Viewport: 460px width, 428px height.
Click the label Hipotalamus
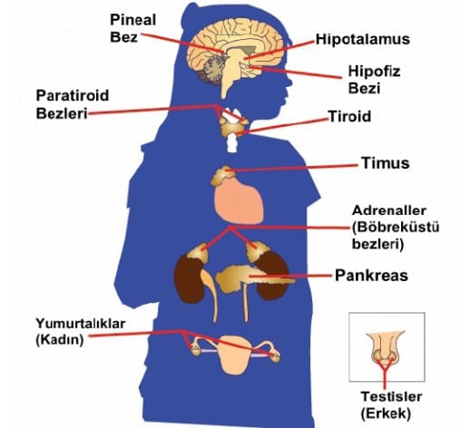(363, 39)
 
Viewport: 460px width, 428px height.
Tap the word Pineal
(133, 20)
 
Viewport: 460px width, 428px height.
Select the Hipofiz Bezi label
(374, 80)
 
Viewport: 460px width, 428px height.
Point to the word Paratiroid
(73, 95)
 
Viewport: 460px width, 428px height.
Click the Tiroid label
(349, 116)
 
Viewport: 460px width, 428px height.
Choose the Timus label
(386, 162)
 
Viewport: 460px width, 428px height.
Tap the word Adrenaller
(389, 210)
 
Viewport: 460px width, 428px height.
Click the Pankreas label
(371, 276)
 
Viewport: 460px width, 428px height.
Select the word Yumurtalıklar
(81, 324)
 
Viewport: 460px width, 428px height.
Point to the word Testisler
(391, 396)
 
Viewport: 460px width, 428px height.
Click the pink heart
(239, 200)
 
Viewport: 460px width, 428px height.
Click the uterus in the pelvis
(235, 354)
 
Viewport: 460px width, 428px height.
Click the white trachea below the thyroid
(232, 142)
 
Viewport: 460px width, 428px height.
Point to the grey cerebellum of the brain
(211, 69)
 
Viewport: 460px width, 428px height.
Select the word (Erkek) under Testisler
(386, 413)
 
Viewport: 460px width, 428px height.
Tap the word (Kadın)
(60, 340)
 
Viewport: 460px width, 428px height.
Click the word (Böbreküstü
(396, 228)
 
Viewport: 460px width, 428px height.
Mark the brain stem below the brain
(229, 75)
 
